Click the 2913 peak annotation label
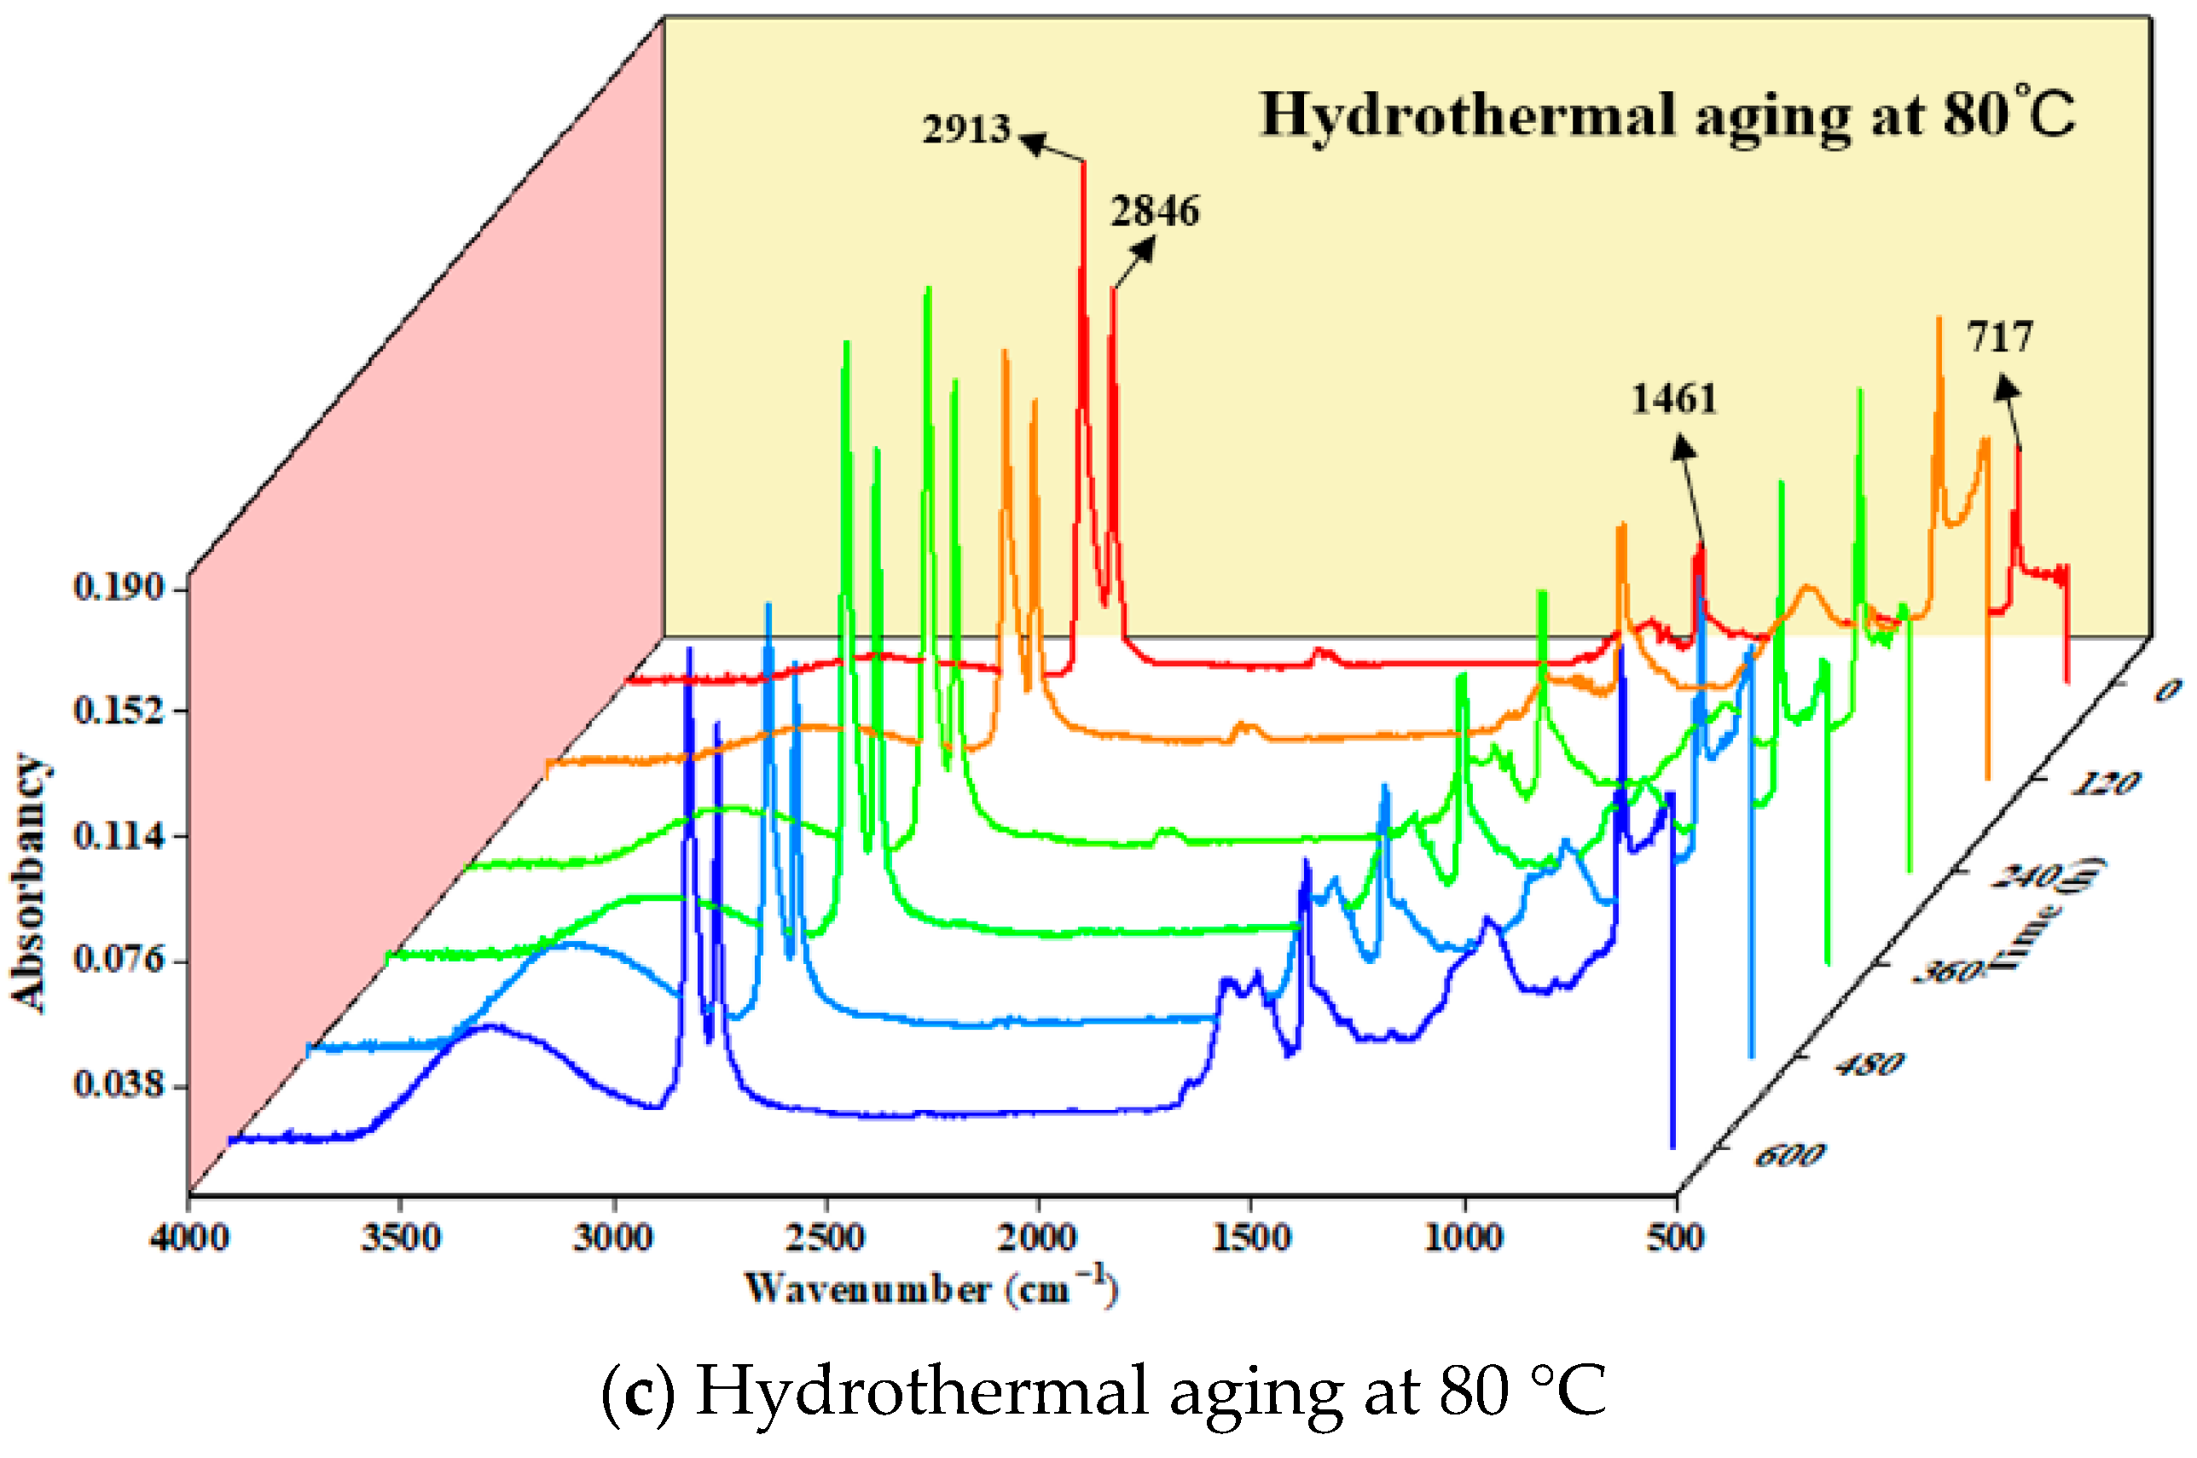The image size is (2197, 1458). tap(965, 129)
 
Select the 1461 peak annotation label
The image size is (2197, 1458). tap(1674, 399)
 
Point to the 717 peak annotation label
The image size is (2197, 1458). tap(2000, 337)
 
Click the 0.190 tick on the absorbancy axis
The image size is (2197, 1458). tap(118, 588)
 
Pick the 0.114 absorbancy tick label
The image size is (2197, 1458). tap(118, 836)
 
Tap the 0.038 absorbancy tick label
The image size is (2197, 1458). tap(118, 1084)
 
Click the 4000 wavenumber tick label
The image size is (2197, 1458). tap(189, 1239)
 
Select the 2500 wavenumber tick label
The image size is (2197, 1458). tap(826, 1239)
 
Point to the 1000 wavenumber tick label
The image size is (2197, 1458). tap(1464, 1239)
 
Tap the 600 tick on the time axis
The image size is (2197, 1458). tap(1790, 1156)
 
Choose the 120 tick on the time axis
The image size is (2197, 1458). tap(2106, 783)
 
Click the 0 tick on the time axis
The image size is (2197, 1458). tap(2167, 690)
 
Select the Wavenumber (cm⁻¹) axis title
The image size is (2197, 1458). tap(930, 1289)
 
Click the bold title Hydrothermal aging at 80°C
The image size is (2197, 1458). tap(1667, 116)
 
